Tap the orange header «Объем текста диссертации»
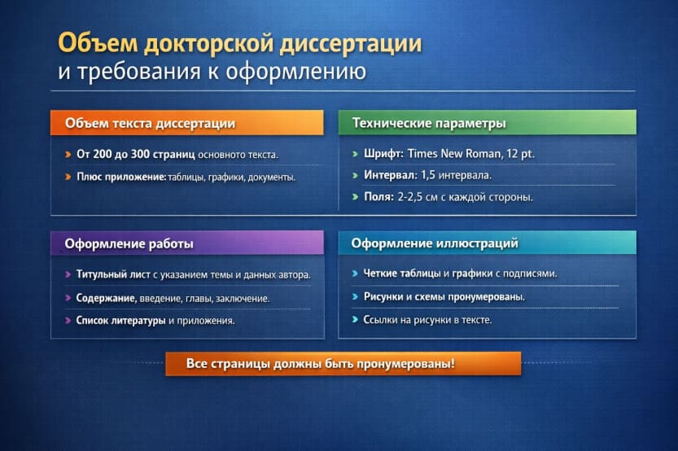pos(151,124)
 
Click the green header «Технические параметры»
pos(429,124)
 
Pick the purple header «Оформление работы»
pos(129,243)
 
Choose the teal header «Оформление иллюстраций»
pos(435,243)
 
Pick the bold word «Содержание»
pos(105,299)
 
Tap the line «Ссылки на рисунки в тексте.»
pos(426,320)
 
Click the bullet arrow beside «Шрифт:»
pos(355,153)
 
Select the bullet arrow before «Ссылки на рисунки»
pos(355,320)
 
